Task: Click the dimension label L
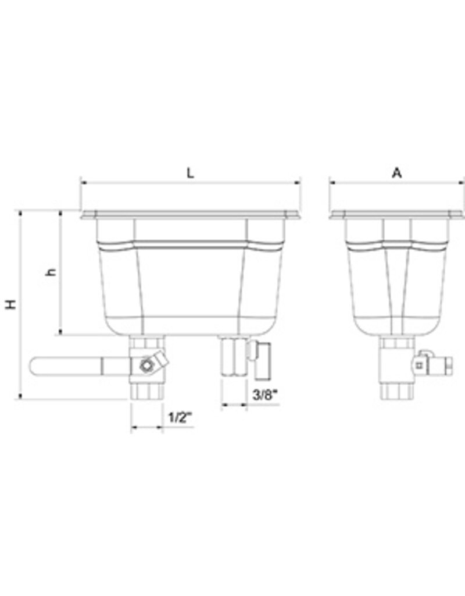(189, 172)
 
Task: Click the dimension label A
(397, 172)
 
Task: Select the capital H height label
(10, 304)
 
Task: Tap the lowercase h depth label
(52, 272)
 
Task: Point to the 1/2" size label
(179, 418)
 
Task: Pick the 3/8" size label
(265, 395)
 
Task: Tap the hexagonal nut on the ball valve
(146, 366)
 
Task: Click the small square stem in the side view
(419, 366)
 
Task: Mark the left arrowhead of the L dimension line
(83, 182)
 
